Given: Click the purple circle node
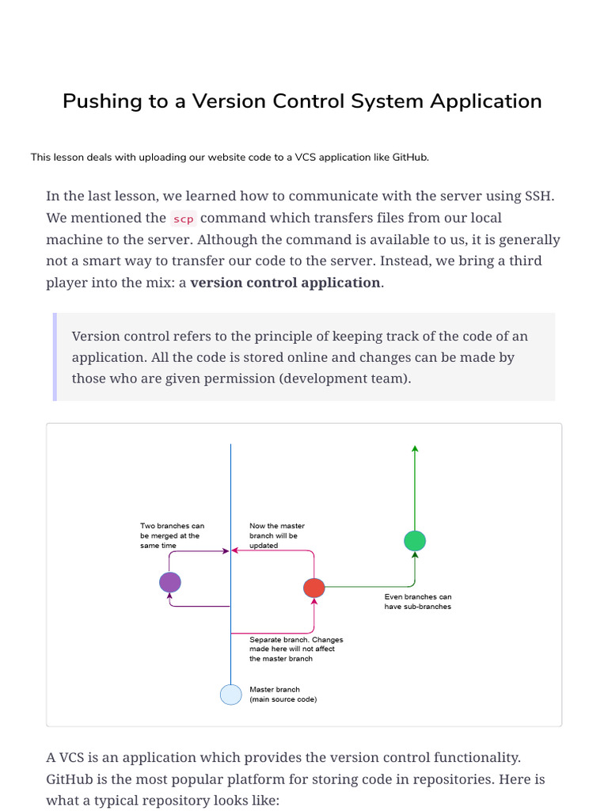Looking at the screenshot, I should click(170, 583).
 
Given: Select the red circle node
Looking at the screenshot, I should click(314, 588).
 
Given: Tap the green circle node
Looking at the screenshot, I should click(415, 541).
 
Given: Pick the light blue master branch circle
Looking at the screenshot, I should click(230, 695).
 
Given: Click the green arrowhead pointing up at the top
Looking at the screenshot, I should click(415, 449).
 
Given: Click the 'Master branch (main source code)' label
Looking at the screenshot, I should click(283, 695).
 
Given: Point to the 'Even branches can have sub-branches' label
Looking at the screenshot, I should click(418, 601).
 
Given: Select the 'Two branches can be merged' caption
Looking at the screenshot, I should click(172, 535).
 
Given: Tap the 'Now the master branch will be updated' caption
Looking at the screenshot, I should click(277, 535).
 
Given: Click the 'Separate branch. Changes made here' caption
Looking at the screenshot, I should click(295, 649).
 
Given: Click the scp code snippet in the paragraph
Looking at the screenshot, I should click(184, 219).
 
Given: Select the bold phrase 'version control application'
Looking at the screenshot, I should click(285, 283).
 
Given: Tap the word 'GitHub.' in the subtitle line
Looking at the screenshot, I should click(411, 158).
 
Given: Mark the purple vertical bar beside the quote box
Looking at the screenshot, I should click(55, 356).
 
